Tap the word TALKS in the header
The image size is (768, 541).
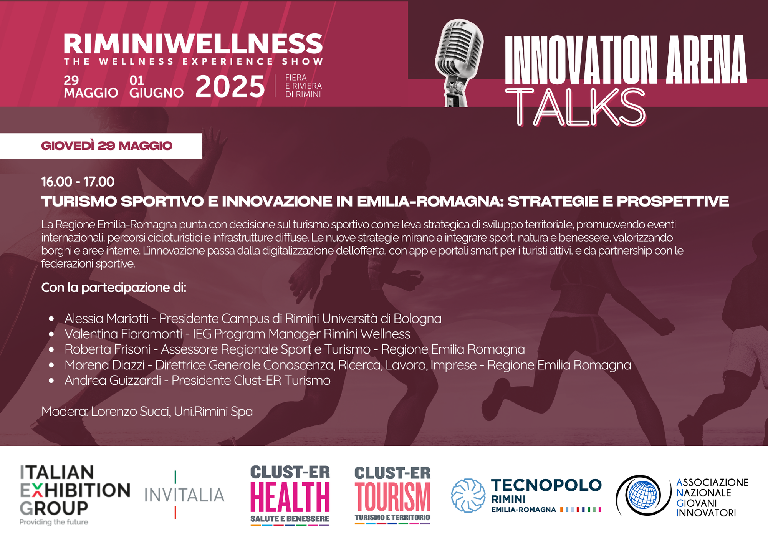576,107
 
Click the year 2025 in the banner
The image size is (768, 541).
230,86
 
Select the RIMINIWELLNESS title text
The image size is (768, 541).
193,43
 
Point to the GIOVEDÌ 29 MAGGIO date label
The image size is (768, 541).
107,146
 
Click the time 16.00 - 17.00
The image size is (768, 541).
78,182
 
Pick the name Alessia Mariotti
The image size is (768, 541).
106,319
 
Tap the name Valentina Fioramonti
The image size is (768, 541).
123,334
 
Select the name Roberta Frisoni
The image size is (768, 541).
108,349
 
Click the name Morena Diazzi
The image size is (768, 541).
104,365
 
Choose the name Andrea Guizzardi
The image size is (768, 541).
113,381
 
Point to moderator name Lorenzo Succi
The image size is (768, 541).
131,411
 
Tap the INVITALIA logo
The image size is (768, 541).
184,495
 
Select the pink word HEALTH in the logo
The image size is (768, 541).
290,497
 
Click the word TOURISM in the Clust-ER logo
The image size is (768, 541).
392,497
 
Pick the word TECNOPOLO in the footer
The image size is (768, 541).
546,485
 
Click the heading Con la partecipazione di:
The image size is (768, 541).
114,288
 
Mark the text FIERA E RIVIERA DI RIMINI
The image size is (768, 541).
303,86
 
